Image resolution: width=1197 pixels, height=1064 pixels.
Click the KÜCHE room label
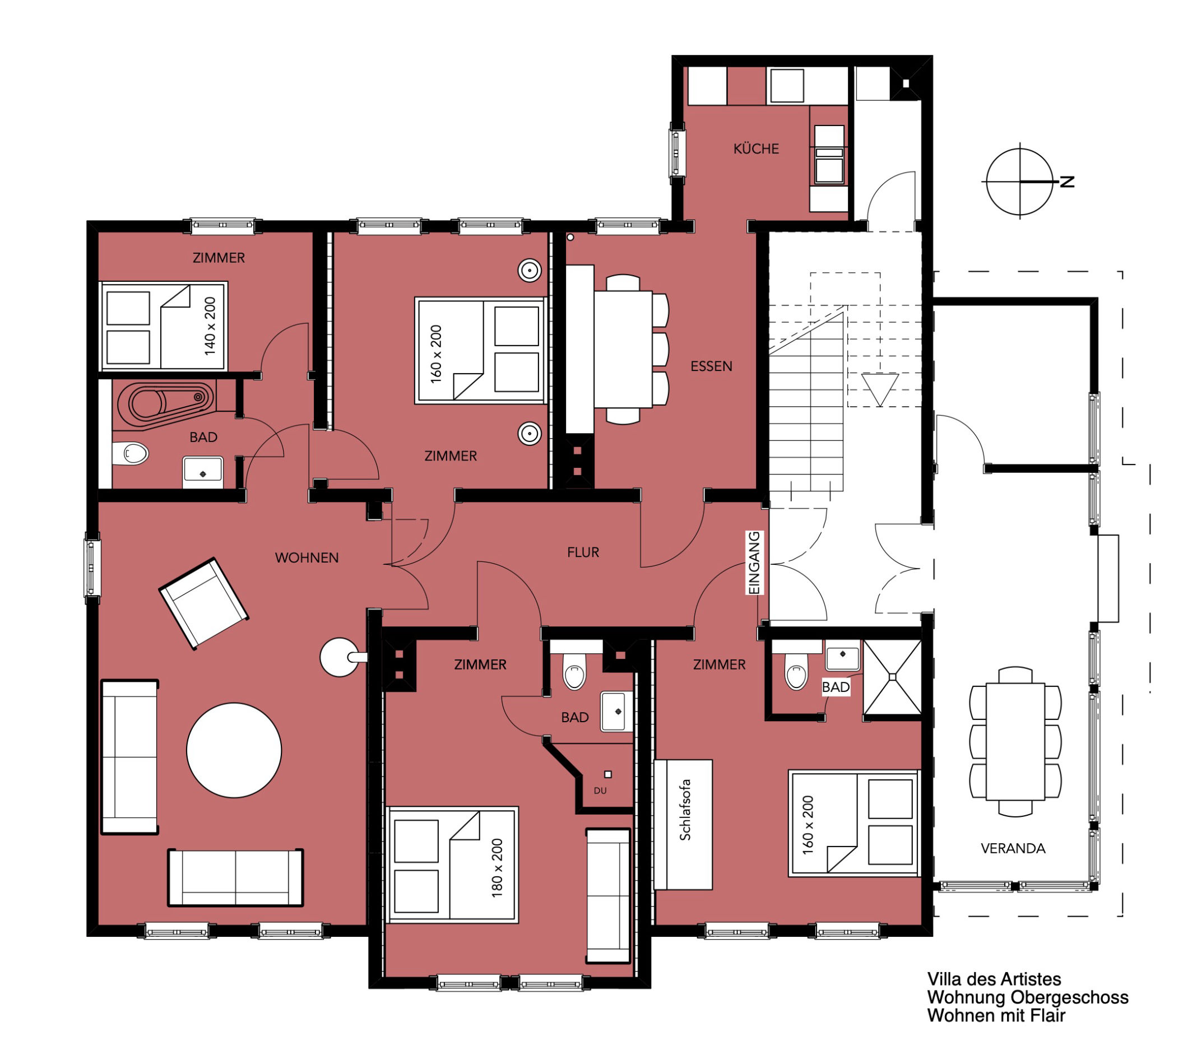point(756,148)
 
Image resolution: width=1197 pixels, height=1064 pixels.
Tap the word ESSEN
point(712,366)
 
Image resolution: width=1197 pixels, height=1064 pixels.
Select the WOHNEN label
point(307,557)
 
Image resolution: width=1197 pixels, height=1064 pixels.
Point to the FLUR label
point(583,552)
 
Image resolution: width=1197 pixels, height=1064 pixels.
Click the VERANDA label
point(1013,848)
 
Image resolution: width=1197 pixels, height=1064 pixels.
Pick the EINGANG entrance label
point(755,563)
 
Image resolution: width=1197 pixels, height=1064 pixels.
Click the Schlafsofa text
point(685,810)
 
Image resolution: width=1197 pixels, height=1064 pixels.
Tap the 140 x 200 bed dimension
point(210,326)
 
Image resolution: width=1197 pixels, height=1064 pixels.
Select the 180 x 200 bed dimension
point(497,868)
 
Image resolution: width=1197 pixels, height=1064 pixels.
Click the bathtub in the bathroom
point(166,403)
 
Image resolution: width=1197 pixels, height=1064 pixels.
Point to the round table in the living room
point(234,750)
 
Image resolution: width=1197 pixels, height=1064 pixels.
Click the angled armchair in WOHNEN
point(204,603)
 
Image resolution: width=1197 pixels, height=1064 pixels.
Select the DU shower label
point(600,791)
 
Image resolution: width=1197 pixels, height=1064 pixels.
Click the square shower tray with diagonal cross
point(893,677)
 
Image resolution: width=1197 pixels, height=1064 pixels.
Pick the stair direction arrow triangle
point(880,389)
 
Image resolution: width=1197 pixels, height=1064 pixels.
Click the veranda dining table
point(1015,741)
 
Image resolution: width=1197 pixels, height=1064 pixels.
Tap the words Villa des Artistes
point(994,979)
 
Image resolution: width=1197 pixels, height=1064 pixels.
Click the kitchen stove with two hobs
point(829,155)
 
